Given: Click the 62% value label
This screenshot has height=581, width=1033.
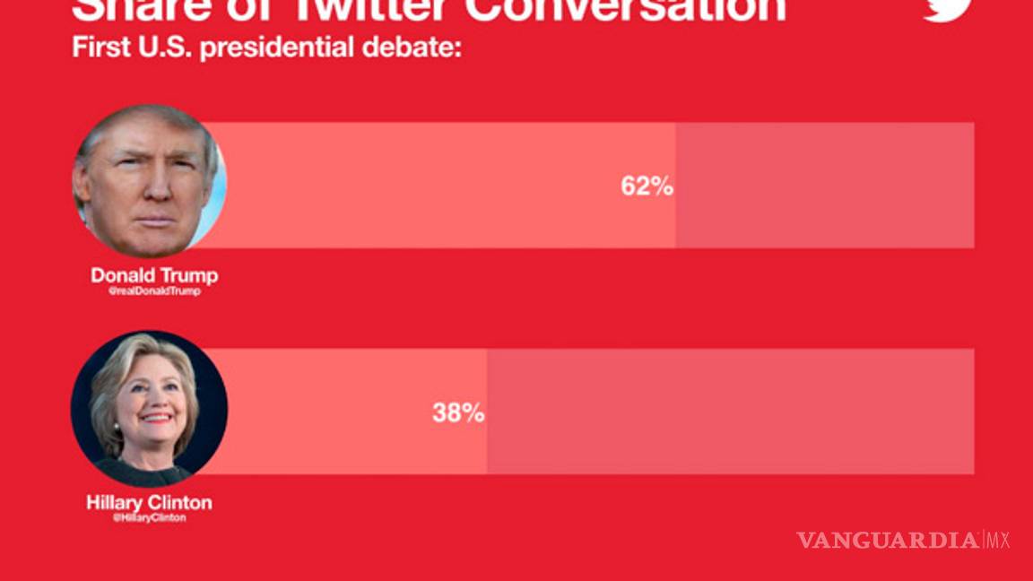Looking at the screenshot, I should click(x=647, y=186).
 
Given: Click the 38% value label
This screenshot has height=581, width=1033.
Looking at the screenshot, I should click(x=458, y=412).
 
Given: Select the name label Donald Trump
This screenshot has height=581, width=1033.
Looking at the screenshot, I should click(x=154, y=275).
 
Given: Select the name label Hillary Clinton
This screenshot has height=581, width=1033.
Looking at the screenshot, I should click(x=149, y=502).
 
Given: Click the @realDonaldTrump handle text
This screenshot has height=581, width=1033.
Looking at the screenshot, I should click(x=154, y=291).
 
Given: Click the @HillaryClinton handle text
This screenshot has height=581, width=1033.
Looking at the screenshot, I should click(x=150, y=518).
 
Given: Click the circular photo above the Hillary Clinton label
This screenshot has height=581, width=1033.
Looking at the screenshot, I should click(x=149, y=409).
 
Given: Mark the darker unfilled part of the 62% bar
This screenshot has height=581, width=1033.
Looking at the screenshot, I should click(x=825, y=186).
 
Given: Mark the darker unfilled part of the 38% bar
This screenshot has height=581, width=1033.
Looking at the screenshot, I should click(x=731, y=412).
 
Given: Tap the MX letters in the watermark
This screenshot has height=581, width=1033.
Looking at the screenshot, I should click(x=998, y=540).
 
